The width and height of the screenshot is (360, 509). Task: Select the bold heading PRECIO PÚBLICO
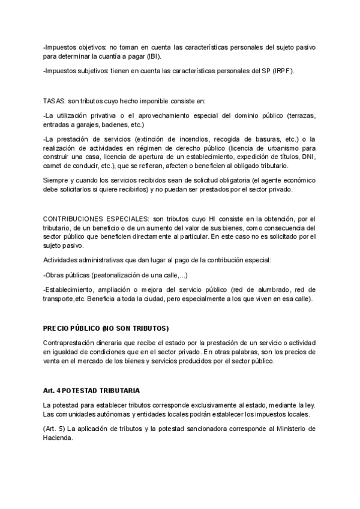click(x=79, y=328)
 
